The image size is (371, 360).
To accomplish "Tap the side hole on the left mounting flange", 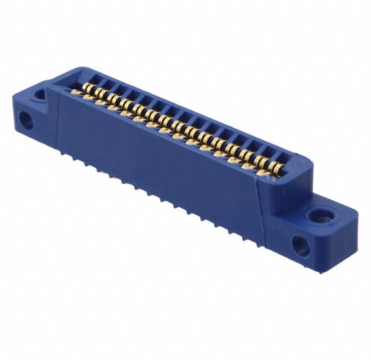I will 24,119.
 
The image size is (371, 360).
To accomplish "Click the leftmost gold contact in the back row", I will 87,87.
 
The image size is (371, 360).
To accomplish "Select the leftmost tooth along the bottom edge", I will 74,159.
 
